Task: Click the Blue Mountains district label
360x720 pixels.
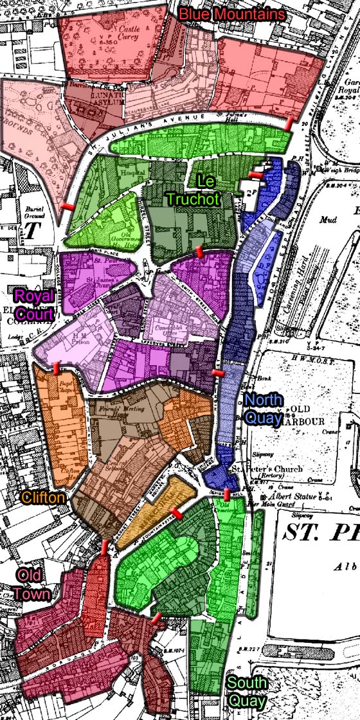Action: point(232,14)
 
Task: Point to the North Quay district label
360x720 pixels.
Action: point(264,409)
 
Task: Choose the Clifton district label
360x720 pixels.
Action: point(43,497)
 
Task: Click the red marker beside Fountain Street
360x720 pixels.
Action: point(175,514)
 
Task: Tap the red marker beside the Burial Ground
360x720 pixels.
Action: point(67,206)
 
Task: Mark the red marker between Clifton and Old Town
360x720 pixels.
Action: point(105,547)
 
